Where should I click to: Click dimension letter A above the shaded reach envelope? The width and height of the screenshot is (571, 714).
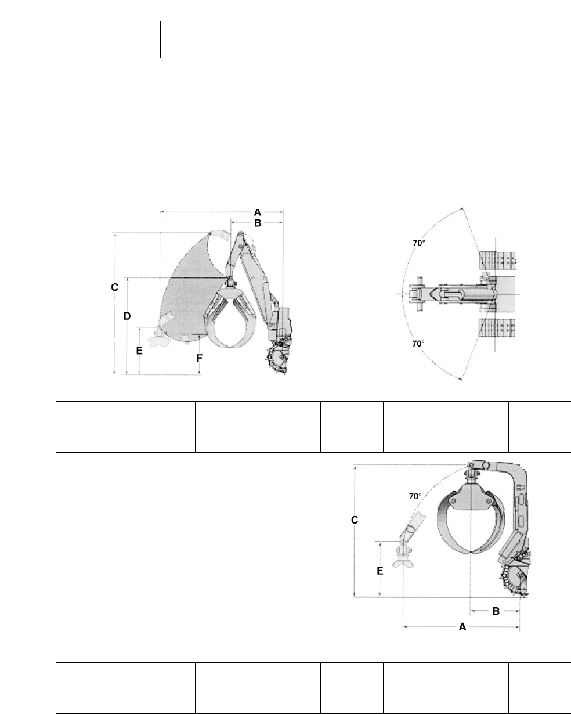coord(258,212)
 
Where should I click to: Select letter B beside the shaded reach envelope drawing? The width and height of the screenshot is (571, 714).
coord(258,223)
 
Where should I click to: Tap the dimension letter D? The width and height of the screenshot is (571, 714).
coord(127,316)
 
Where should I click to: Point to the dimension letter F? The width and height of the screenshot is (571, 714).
coord(200,358)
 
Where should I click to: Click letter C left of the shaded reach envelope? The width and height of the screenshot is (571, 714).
coord(115,287)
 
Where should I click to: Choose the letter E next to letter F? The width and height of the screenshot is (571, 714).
coord(139,351)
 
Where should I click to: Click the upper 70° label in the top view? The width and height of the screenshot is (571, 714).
coord(419,243)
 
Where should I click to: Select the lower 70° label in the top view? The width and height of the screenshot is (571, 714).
coord(418,344)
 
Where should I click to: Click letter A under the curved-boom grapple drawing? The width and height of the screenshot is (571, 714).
coord(462,627)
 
